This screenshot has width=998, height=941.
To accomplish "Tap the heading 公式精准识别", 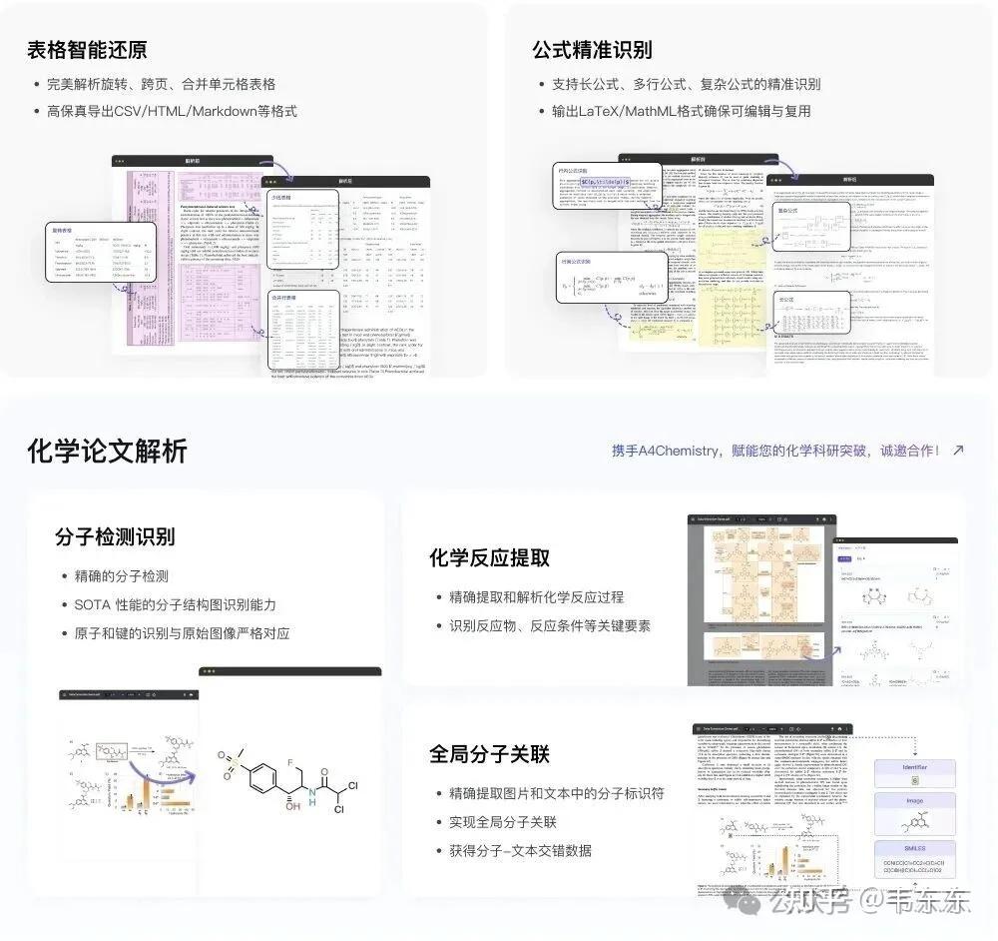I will point(592,49).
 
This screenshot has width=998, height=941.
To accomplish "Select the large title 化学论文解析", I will point(107,452).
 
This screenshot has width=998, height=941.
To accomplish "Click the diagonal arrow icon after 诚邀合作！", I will point(958,451).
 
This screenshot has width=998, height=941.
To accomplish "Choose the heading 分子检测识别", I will point(115,536).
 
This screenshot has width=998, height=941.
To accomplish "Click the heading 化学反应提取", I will point(489,557).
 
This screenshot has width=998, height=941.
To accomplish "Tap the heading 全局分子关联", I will point(489,753).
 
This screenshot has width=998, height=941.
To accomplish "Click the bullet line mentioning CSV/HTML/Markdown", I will point(172,111).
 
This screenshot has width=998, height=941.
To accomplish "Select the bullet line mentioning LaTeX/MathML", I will point(681,111).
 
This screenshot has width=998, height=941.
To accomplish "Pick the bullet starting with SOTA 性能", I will point(175,604).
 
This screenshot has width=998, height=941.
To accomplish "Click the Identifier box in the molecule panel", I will point(915,767).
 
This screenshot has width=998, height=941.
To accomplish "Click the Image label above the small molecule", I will point(915,800).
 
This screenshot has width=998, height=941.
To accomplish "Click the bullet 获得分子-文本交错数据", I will point(519,850).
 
